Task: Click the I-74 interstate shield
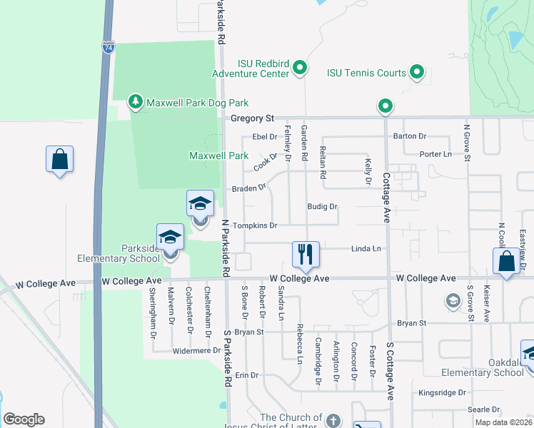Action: coord(108,48)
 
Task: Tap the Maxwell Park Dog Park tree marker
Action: coord(136,103)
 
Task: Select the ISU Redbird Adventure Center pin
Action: coord(301,68)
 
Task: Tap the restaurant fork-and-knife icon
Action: coord(304,254)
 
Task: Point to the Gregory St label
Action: coord(252,118)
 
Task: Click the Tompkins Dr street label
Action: coord(255,225)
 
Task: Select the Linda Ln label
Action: coord(366,249)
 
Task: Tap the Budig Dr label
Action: coord(322,207)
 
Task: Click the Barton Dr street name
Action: coord(410,136)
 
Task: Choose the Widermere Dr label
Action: coord(196,351)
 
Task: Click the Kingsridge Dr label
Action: coord(442,392)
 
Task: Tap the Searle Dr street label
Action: coord(483,409)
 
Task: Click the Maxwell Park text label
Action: coord(218,156)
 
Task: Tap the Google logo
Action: coord(24,419)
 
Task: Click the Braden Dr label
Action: coord(248,189)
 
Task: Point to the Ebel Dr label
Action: coord(264,137)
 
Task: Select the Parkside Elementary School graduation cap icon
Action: coord(171,238)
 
